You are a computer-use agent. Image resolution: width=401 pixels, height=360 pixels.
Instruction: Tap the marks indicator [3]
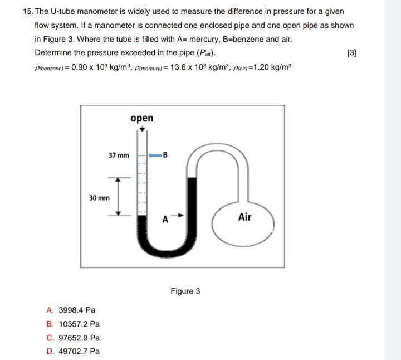tap(351, 53)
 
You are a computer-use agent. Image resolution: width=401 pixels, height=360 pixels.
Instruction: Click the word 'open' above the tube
tap(141, 118)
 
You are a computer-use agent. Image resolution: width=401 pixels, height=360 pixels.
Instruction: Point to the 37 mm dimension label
tap(119, 155)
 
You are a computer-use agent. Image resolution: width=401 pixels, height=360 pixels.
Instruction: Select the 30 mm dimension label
tap(100, 197)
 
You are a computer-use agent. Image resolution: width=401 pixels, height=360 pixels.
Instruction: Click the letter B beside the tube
tap(165, 155)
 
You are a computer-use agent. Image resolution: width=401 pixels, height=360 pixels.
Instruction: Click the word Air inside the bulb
tap(244, 217)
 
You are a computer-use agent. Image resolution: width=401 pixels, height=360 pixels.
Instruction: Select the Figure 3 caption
tap(185, 291)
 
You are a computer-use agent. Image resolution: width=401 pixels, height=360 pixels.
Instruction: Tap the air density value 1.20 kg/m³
tap(271, 67)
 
